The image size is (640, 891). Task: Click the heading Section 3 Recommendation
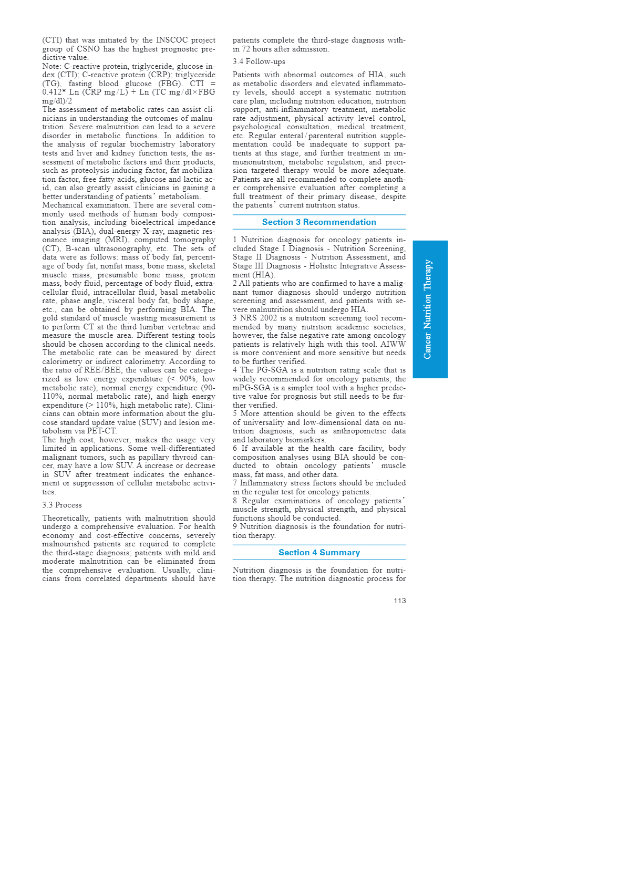pyautogui.click(x=319, y=222)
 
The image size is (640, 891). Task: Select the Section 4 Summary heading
pyautogui.click(x=319, y=553)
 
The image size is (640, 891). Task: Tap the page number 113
pyautogui.click(x=399, y=601)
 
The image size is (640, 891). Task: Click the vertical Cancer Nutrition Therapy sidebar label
pyautogui.click(x=428, y=309)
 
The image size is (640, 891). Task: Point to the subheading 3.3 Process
pyautogui.click(x=62, y=505)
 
